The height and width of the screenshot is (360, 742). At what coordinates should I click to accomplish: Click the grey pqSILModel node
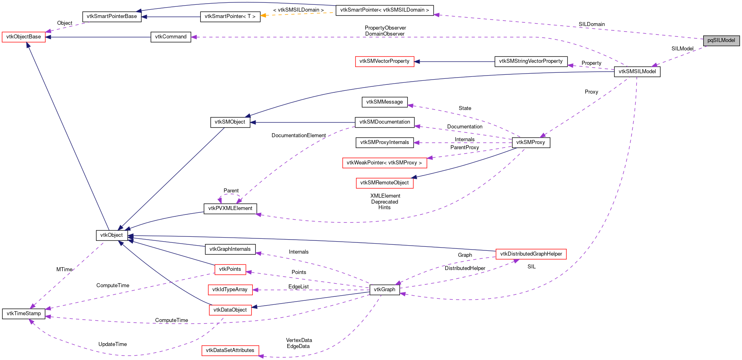click(721, 40)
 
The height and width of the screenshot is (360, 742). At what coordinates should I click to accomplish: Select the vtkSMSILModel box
click(637, 72)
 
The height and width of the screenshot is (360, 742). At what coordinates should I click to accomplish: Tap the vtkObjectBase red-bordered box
click(24, 37)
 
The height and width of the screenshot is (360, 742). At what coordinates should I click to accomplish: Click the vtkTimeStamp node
click(24, 314)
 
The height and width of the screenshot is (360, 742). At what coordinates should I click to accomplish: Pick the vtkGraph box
click(384, 290)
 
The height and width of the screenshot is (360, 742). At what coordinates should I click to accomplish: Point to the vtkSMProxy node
click(530, 142)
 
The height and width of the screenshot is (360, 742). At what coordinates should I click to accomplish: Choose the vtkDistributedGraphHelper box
click(531, 254)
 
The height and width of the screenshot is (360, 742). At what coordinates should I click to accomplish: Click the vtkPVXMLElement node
click(230, 208)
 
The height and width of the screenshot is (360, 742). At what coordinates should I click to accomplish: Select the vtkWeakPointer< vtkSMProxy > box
click(384, 163)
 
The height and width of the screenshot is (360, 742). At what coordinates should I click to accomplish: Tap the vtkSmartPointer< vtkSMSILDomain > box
click(384, 10)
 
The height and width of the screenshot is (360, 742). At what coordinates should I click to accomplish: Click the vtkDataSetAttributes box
click(230, 350)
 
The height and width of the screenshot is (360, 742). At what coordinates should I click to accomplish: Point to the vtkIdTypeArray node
click(230, 290)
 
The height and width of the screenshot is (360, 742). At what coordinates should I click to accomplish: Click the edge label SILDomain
click(591, 24)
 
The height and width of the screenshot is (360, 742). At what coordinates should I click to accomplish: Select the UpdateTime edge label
click(112, 344)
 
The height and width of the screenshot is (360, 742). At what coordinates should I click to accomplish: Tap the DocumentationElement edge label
click(298, 136)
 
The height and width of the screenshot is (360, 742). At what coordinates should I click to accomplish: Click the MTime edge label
click(64, 270)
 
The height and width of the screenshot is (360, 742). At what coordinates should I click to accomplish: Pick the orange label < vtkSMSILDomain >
click(298, 10)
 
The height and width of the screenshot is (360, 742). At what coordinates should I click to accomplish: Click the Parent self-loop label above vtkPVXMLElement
click(231, 191)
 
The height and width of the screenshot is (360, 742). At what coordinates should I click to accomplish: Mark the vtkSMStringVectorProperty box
click(531, 61)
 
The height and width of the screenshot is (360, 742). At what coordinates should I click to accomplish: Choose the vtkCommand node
click(171, 37)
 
